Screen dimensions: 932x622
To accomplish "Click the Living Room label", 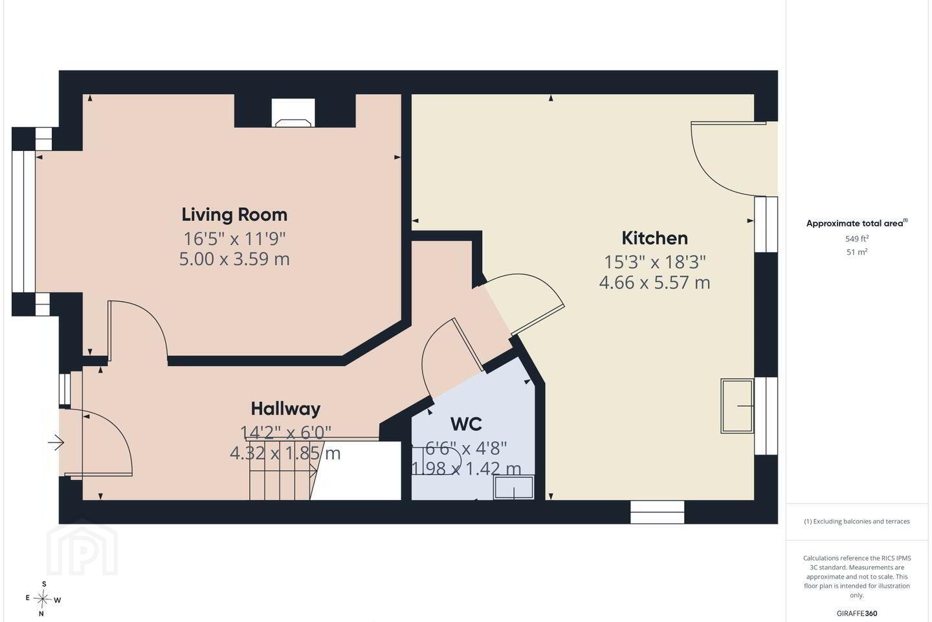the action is point(234,215).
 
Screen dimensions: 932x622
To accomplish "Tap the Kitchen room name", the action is point(654,238).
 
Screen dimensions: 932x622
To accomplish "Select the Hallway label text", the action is point(285,409).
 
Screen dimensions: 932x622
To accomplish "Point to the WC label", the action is point(466,424).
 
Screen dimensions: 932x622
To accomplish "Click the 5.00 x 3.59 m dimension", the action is point(234,259).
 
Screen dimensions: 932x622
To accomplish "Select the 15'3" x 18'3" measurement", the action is point(654,262).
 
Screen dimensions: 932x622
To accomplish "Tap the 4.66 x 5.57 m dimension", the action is point(654,283).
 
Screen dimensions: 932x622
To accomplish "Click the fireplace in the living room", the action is point(293,113).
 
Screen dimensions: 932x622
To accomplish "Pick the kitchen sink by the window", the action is point(737,406).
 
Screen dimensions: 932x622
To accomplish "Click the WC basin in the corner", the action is point(514,487).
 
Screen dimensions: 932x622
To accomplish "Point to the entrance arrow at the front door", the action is point(56,443).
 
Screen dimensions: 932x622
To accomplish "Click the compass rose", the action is point(43,599).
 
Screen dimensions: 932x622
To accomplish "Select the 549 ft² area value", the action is point(857,238).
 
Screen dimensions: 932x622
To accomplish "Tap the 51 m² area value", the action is point(857,252).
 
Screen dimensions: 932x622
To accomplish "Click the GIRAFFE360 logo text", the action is point(857,613).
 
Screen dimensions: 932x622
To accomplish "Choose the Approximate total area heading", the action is point(857,224).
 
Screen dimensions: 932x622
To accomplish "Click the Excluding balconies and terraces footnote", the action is point(857,521).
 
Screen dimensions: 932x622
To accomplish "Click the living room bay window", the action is point(24,222).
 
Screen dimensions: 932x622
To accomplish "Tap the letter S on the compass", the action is point(44,584).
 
